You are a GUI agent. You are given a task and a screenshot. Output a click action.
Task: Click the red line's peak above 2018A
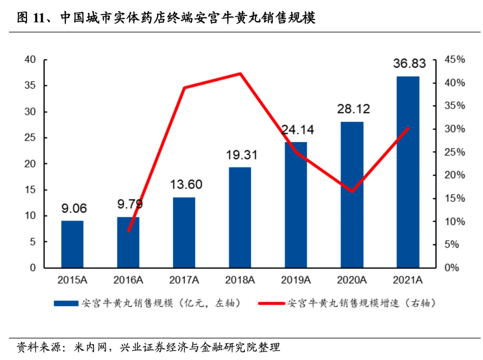[x=240, y=73]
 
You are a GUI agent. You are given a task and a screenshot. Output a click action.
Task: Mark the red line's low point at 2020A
[x=352, y=191]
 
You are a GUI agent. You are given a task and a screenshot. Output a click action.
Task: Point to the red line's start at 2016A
[x=129, y=231]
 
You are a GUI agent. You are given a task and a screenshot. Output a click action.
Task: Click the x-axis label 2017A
[x=184, y=280]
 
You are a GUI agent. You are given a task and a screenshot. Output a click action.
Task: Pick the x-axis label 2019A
[x=296, y=280]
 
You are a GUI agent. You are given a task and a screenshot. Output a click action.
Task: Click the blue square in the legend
[x=66, y=303]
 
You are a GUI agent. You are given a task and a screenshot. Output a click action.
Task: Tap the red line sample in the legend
[x=271, y=303]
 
